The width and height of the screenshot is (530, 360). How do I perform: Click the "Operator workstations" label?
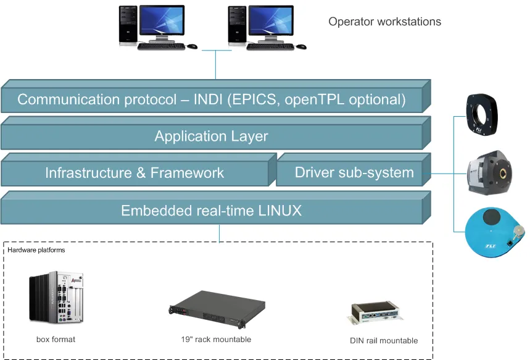[x=384, y=22]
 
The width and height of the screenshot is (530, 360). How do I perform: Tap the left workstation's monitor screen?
[x=162, y=20]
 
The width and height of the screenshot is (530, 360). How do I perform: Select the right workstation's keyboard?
[x=270, y=47]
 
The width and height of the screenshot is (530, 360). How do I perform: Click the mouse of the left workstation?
[x=192, y=46]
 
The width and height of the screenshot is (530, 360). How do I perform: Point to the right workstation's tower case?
[x=238, y=25]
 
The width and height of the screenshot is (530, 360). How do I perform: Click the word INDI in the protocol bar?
[x=208, y=99]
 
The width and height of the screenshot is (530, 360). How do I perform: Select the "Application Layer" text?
[x=211, y=136]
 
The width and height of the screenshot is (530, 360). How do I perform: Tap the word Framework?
[x=187, y=173]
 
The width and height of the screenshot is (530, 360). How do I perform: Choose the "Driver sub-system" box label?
[x=354, y=172]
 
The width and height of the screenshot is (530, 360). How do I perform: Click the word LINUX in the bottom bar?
[x=280, y=211]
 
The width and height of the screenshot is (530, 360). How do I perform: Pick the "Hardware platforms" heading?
[x=36, y=250]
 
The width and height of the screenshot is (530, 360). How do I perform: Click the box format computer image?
[x=56, y=297]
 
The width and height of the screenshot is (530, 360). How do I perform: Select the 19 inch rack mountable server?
[x=217, y=309]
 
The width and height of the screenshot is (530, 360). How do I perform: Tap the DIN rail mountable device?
[x=375, y=313]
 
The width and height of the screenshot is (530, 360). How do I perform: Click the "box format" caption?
[x=56, y=340]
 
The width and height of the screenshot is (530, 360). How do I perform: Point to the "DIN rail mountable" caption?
[x=384, y=341]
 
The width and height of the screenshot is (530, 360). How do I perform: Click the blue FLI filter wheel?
[x=494, y=232]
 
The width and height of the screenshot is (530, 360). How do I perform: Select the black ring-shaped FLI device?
[x=482, y=114]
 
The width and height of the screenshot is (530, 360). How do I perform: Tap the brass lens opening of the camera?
[x=503, y=174]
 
